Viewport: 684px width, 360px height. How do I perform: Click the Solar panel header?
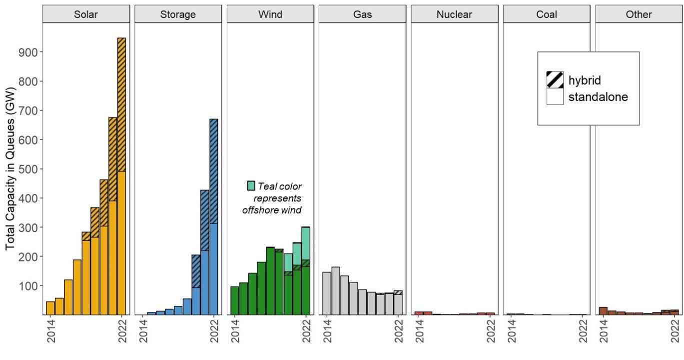(x=86, y=14)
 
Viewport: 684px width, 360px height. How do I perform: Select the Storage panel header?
(x=178, y=14)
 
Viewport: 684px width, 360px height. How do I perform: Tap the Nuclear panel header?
(x=454, y=14)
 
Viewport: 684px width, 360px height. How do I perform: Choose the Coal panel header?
(x=547, y=14)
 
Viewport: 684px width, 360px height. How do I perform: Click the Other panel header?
(x=639, y=14)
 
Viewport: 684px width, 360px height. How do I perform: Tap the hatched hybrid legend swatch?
(x=555, y=80)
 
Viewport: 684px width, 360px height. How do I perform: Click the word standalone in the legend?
(x=598, y=97)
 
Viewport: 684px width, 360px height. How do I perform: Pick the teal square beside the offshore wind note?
(x=251, y=186)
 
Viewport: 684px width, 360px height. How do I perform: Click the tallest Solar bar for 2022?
(x=121, y=175)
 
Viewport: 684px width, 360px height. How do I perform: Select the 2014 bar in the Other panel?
(x=603, y=311)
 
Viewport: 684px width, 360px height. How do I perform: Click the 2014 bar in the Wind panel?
(x=234, y=300)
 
